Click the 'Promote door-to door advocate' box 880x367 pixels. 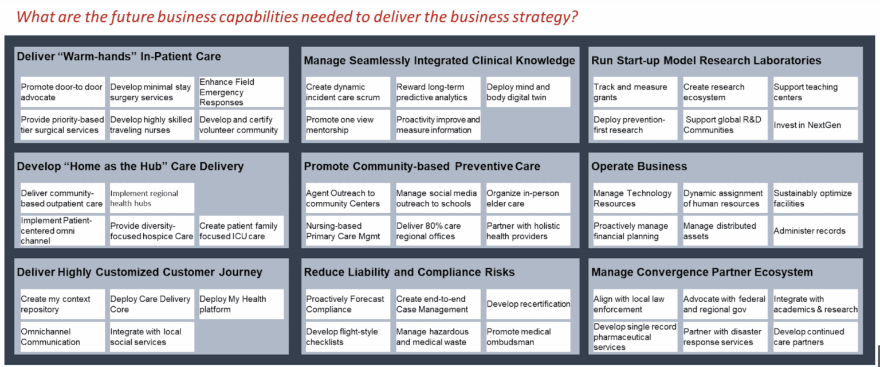(x=62, y=92)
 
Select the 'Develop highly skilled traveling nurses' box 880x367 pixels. (x=152, y=125)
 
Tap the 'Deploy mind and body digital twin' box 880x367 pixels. (x=528, y=92)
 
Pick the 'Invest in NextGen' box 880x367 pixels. (x=815, y=125)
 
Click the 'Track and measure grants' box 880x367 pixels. (x=635, y=92)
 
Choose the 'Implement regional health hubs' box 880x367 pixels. (x=152, y=198)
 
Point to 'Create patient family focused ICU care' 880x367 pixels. (x=241, y=231)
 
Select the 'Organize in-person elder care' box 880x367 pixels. (x=528, y=198)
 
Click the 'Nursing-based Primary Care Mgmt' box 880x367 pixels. (x=347, y=231)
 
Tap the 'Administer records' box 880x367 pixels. (x=815, y=231)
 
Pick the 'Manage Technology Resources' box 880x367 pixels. (x=635, y=198)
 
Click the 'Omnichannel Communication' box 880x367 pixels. (x=62, y=337)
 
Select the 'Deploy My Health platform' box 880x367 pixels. (x=241, y=304)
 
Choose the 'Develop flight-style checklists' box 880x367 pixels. (x=347, y=337)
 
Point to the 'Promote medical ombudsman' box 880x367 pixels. (x=528, y=337)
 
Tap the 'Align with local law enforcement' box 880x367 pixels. (x=635, y=304)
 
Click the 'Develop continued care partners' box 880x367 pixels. (x=815, y=337)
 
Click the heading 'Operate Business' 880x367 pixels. (x=639, y=166)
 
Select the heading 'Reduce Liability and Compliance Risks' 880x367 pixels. (x=409, y=272)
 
